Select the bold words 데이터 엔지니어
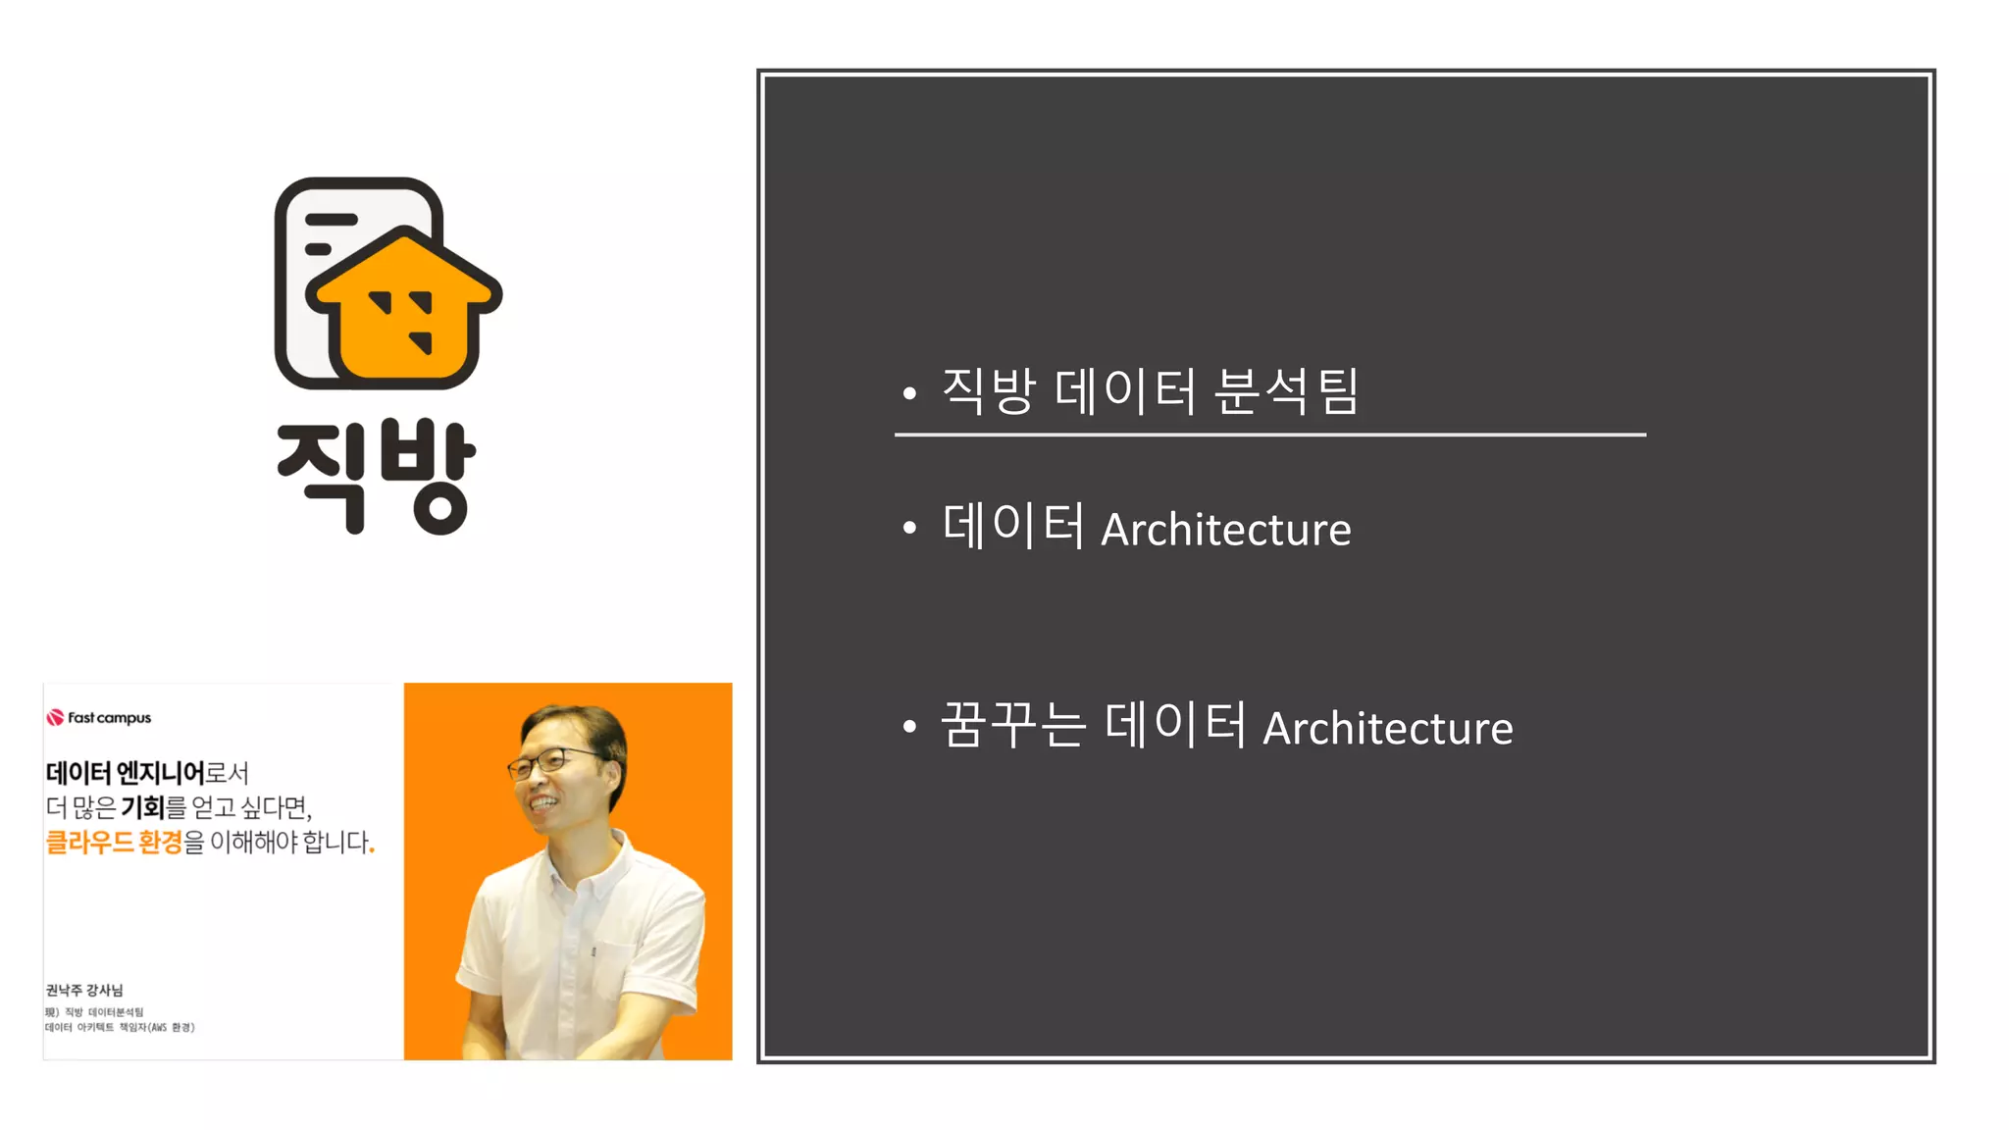[125, 773]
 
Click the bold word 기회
[143, 807]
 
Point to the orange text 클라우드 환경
[114, 842]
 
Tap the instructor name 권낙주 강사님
[84, 990]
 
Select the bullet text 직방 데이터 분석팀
[1149, 391]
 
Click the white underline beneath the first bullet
[1269, 434]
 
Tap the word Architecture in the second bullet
[1225, 530]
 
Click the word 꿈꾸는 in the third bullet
[1013, 726]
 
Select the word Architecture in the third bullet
[1387, 729]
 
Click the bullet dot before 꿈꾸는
[909, 726]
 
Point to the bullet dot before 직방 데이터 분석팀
[909, 393]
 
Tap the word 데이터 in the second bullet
[1012, 526]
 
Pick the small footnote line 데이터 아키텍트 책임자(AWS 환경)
[120, 1027]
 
